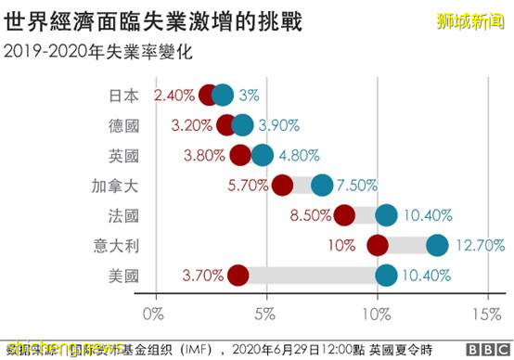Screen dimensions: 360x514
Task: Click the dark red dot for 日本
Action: [x=208, y=95]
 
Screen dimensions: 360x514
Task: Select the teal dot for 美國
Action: [x=386, y=275]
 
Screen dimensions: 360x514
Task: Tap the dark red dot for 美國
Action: [x=238, y=275]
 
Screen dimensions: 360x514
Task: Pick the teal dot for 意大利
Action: [x=437, y=245]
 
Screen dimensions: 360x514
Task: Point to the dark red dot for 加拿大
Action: [x=283, y=185]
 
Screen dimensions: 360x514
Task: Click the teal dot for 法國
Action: [x=386, y=215]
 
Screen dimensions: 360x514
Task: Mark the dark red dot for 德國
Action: [x=225, y=125]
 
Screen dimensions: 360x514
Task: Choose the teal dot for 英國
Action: [x=263, y=155]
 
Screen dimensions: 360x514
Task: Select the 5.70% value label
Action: [x=248, y=185]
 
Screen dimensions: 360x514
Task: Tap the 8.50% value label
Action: [x=310, y=215]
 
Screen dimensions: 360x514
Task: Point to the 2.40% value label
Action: [x=174, y=95]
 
